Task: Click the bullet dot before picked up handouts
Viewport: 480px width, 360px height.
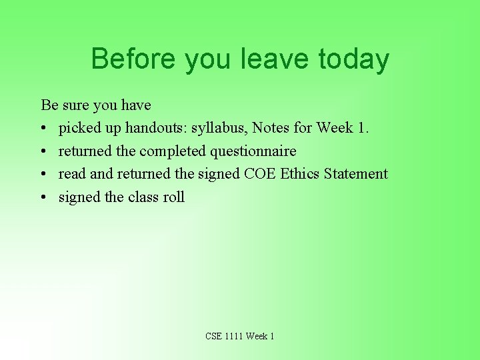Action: (44, 128)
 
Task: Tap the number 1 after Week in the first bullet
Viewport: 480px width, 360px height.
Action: (361, 127)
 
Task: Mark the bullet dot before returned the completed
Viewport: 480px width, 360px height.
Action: (44, 151)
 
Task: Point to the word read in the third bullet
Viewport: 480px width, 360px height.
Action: (72, 174)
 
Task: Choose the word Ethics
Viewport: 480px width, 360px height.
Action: (300, 174)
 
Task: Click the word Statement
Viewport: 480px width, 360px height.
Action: (356, 174)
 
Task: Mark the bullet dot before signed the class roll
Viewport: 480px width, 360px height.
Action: (44, 197)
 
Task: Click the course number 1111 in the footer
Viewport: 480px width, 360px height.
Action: (234, 336)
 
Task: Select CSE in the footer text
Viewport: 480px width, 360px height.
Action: (214, 336)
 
